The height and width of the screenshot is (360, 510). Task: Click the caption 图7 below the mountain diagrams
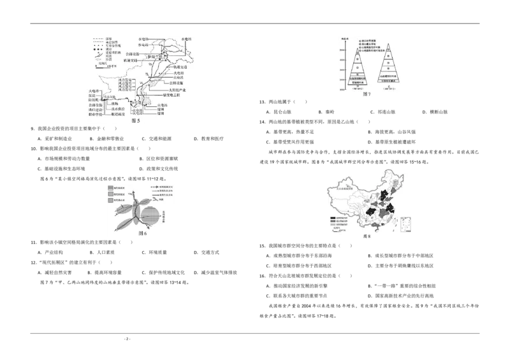(366, 94)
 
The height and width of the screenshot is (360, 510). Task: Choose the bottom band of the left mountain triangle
(359, 83)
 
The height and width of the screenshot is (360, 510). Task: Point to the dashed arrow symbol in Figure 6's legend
(157, 189)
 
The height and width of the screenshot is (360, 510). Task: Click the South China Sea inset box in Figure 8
(404, 225)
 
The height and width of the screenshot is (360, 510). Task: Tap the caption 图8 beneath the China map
(366, 236)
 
